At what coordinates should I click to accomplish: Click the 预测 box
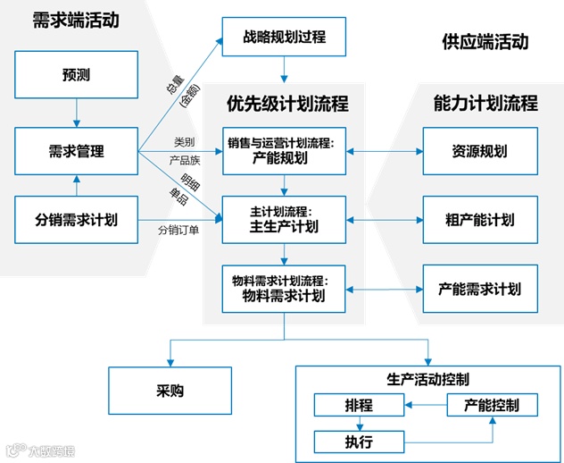coord(77,75)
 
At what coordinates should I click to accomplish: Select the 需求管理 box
coord(77,152)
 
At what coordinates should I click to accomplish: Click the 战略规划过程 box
coord(284,38)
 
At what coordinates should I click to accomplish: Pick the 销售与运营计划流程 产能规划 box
coord(284,152)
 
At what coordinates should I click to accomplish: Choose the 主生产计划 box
coord(284,220)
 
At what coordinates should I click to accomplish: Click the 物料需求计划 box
coord(284,288)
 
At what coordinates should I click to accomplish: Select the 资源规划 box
coord(480,152)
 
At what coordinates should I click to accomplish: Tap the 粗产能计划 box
coord(480,220)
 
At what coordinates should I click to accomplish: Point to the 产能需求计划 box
coord(480,288)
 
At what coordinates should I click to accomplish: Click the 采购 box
coord(162,391)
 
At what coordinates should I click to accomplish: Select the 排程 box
coord(357,406)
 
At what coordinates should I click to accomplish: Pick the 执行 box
coord(357,441)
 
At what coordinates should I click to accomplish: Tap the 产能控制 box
coord(493,406)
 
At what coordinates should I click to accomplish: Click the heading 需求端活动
coord(75,19)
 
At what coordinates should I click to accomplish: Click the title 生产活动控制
coord(428,377)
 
